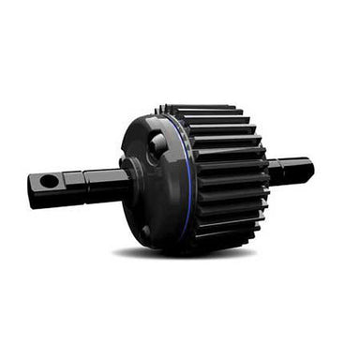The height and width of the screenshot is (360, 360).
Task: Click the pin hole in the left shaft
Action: [x=49, y=180]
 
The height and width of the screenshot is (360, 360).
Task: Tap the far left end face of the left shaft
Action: [x=31, y=192]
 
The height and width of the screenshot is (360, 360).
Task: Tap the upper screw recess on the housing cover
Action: [x=157, y=143]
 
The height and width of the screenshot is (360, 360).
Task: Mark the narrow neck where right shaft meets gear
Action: [x=273, y=172]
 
